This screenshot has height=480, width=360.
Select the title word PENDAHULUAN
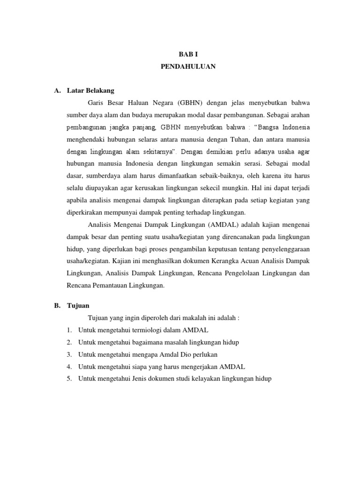tap(188, 67)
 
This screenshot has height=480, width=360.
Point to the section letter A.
tap(57, 90)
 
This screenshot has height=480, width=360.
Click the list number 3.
tap(69, 354)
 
